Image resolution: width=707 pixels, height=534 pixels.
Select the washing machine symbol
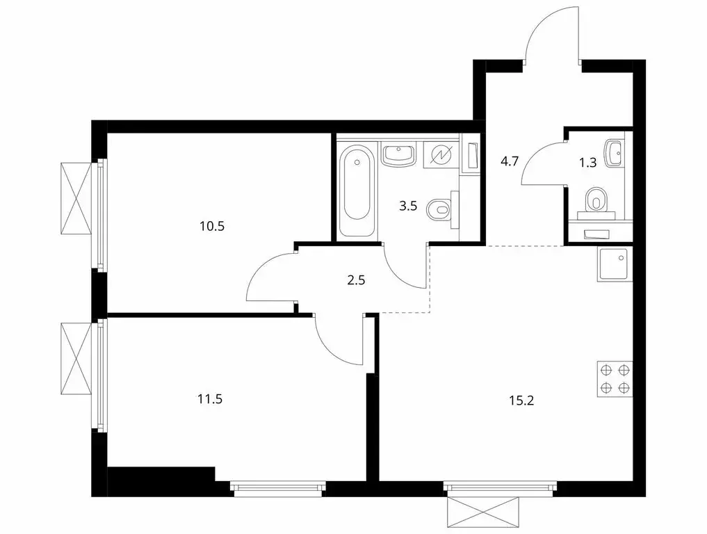tap(441, 154)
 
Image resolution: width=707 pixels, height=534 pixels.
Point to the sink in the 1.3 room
tap(615, 152)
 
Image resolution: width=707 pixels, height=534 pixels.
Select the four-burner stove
tap(615, 380)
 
